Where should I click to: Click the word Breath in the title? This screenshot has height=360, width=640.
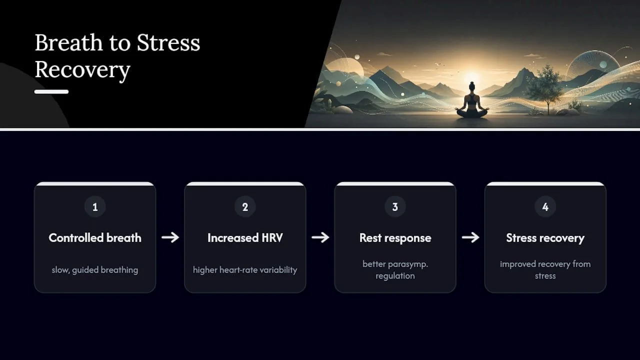point(68,42)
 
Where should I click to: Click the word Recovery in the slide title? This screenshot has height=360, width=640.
point(82,70)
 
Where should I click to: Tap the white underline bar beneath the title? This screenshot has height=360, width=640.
point(51,91)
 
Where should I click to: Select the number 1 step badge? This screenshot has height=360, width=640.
point(95,206)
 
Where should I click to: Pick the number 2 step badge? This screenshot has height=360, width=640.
point(245,206)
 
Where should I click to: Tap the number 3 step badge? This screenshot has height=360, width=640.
point(395,206)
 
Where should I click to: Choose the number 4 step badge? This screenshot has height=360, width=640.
point(545,206)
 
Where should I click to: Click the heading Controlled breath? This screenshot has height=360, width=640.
point(95,237)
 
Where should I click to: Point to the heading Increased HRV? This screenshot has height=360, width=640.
point(245,237)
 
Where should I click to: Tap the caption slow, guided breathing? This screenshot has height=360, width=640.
point(95,270)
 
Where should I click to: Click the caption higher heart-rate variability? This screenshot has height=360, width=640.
point(245,270)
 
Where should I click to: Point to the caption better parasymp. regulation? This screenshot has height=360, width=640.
point(395,269)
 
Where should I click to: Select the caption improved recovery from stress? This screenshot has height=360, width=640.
point(545,269)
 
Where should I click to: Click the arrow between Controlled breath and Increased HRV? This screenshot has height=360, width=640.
point(170,237)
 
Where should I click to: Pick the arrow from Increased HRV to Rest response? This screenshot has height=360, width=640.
point(320,237)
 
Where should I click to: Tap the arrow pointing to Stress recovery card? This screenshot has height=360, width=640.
point(470,237)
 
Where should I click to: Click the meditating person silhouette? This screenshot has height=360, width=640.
point(472,101)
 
